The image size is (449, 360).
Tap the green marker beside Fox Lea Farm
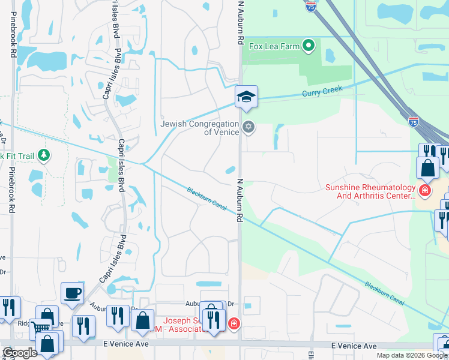point(309,45)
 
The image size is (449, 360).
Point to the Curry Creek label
point(322,91)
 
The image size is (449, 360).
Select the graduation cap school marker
point(246,97)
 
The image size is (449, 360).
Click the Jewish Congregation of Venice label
point(200,128)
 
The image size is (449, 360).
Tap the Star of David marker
point(249,127)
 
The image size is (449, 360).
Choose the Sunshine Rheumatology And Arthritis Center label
point(370,191)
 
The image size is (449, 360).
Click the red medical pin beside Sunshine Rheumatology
point(425,191)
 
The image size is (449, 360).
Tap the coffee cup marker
point(72,293)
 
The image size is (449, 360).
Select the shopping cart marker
point(40,328)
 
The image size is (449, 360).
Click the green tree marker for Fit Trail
point(43,156)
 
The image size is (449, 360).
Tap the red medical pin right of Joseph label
point(234,324)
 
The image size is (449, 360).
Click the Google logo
point(20,353)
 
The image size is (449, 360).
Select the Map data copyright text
point(411,355)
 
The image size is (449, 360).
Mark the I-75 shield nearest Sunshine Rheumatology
point(414,121)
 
